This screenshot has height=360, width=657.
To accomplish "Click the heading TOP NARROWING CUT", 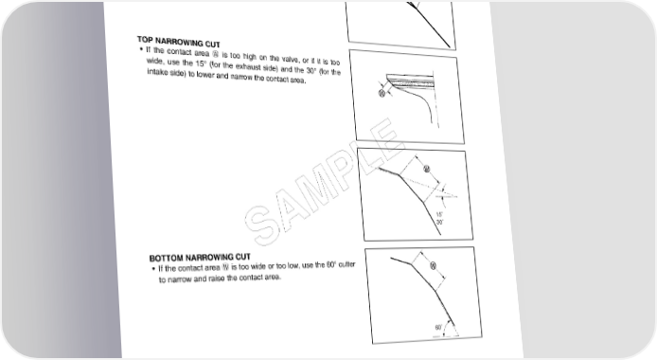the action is click(179, 42).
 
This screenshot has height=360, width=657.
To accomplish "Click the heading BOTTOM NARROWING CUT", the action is click(200, 258).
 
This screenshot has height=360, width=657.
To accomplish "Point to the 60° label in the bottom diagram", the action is click(438, 327).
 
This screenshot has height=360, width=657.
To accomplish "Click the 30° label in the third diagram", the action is click(440, 223).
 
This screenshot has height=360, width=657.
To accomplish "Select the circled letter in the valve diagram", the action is click(382, 94).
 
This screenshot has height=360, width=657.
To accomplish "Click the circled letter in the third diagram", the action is click(427, 170).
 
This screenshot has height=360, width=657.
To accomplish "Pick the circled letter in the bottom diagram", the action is click(434, 265).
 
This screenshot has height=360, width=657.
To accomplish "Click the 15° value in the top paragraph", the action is click(201, 63).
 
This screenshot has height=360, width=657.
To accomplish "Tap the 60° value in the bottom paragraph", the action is click(331, 265).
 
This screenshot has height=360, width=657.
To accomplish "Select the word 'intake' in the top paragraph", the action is click(157, 72).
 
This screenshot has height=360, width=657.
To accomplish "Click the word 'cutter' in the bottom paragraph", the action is click(346, 264).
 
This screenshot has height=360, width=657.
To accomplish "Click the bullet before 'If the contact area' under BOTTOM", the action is click(153, 269).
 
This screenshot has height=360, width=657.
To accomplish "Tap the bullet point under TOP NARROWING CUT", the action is click(141, 49).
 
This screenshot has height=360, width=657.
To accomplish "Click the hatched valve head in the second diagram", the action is click(409, 80).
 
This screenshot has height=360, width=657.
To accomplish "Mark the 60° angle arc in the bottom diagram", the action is click(453, 327).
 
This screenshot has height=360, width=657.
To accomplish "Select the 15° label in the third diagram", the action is click(439, 214).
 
